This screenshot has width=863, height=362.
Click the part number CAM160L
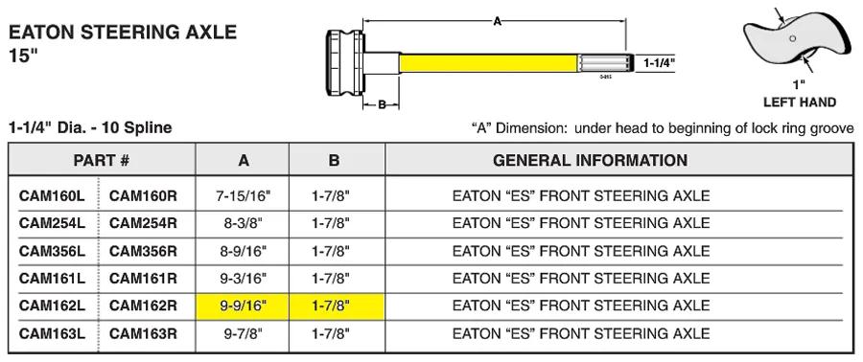click(x=53, y=195)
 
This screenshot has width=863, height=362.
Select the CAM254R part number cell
click(x=143, y=223)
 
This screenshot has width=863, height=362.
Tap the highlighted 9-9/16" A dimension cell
click(x=243, y=305)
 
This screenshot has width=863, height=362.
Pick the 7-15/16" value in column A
click(x=243, y=195)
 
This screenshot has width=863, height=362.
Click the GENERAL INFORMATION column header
click(x=590, y=160)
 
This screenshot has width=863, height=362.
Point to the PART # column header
click(x=102, y=160)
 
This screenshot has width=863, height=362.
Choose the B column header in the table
click(x=334, y=160)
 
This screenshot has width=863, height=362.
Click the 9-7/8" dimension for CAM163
click(x=243, y=333)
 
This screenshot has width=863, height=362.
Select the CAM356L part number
click(x=53, y=251)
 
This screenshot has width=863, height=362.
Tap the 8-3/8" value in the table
click(x=243, y=223)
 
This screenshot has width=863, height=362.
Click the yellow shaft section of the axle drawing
click(x=489, y=63)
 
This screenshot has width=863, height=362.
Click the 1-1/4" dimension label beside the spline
click(x=659, y=63)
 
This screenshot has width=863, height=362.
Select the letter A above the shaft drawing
click(x=497, y=21)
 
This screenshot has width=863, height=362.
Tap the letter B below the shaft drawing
click(x=382, y=104)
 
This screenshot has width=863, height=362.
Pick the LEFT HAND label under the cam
click(x=799, y=102)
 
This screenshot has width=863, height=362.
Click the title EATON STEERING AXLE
click(x=123, y=33)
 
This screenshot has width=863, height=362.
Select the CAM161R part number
click(x=143, y=278)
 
